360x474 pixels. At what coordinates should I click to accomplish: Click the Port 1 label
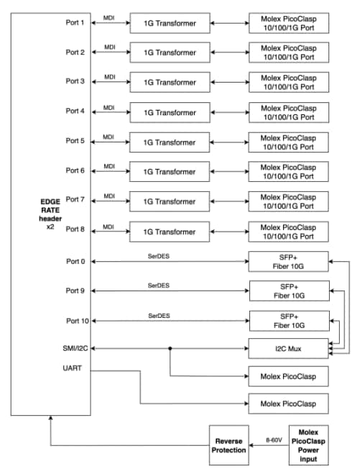[75, 22]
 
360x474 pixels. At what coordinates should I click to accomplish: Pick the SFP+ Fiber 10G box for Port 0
[287, 260]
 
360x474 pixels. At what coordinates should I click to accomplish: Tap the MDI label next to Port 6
[109, 165]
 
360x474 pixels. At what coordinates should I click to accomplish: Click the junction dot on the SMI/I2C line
[170, 348]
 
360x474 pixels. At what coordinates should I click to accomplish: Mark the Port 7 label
[75, 199]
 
